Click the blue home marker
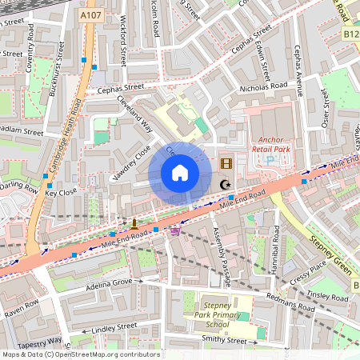180,173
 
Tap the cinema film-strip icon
226,164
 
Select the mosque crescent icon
226,185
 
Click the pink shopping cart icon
175,230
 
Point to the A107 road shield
90,15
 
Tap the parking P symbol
270,160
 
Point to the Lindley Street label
115,326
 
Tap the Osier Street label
326,108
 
